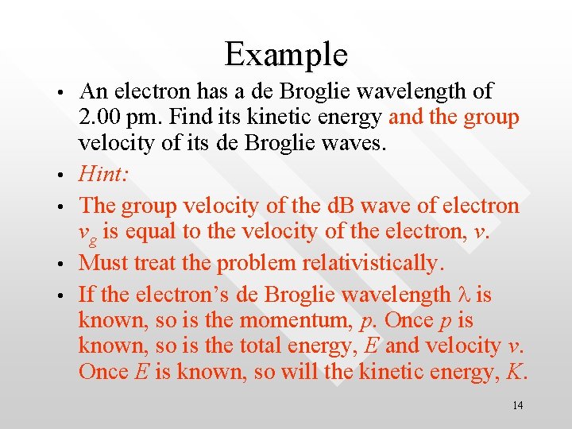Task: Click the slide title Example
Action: [286, 54]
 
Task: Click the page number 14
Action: [517, 406]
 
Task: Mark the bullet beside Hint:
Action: [60, 178]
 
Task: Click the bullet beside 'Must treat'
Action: [60, 264]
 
